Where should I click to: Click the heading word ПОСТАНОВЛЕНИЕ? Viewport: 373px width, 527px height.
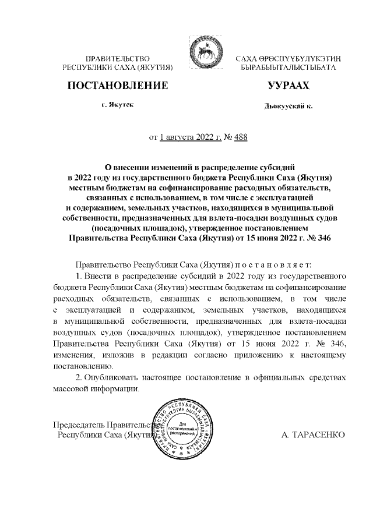(x=118, y=86)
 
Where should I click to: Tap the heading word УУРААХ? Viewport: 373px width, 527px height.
(x=288, y=86)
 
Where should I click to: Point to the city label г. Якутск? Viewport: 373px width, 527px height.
(x=117, y=105)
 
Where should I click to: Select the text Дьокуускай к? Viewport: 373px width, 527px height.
(x=288, y=107)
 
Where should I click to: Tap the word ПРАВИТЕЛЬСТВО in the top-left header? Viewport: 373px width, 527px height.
(x=118, y=58)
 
